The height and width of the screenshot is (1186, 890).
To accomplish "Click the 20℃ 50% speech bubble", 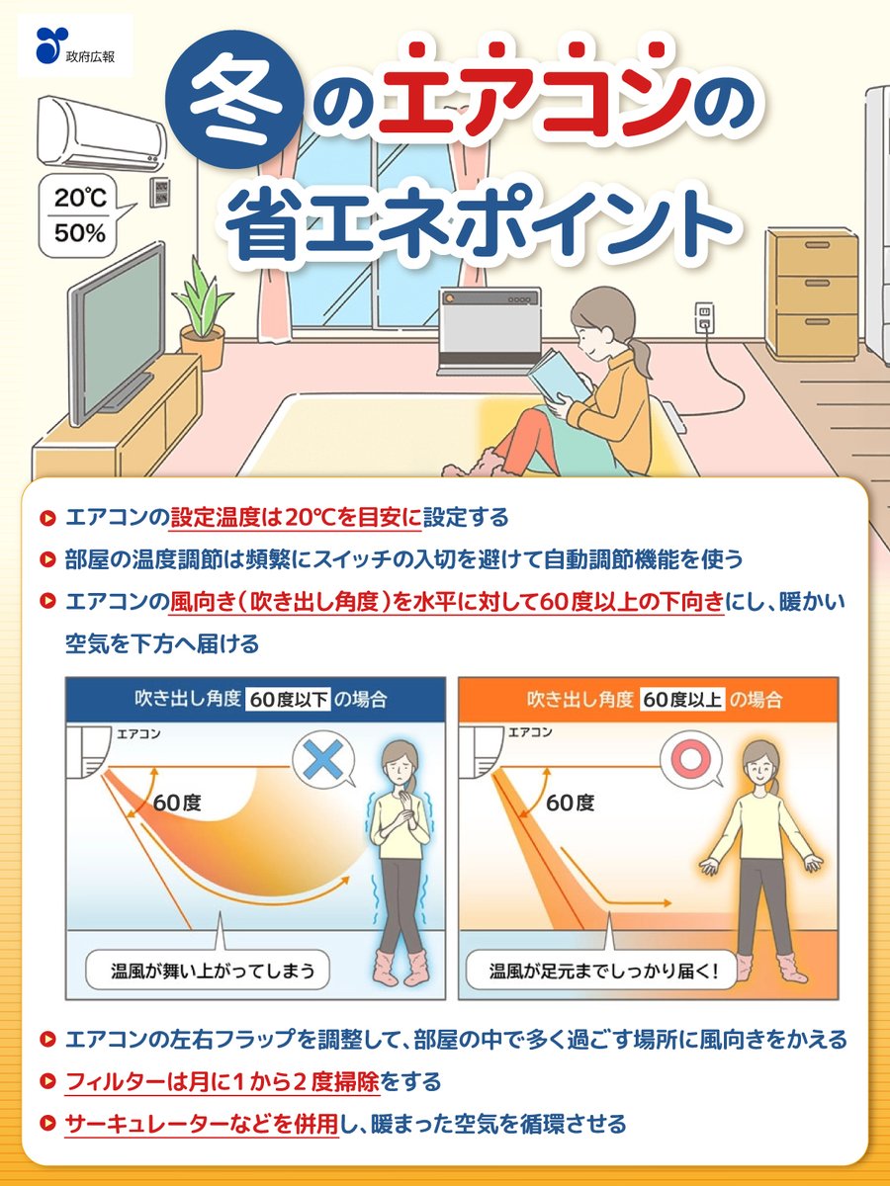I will pyautogui.click(x=80, y=213).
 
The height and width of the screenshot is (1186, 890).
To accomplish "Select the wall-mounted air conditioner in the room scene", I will pyautogui.click(x=101, y=134).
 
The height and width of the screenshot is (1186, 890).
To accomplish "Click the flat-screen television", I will pyautogui.click(x=116, y=316).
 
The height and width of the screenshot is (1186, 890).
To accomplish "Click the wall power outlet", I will pyautogui.click(x=704, y=317).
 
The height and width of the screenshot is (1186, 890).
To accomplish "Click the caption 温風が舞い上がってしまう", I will pyautogui.click(x=206, y=971).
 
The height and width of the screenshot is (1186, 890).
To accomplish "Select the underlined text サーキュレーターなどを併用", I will pyautogui.click(x=202, y=1124).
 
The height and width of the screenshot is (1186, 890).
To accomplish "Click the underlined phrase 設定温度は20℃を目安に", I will pyautogui.click(x=296, y=517).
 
